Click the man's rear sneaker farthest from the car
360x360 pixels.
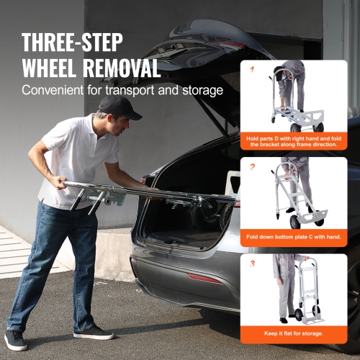(17, 338)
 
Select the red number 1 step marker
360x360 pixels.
(252, 69)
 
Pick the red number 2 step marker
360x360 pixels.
(252, 166)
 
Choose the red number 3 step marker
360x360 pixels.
(252, 264)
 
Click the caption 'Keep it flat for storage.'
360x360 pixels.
(294, 333)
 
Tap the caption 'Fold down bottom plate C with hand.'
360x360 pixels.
(294, 236)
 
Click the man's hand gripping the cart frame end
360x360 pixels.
(148, 181)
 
